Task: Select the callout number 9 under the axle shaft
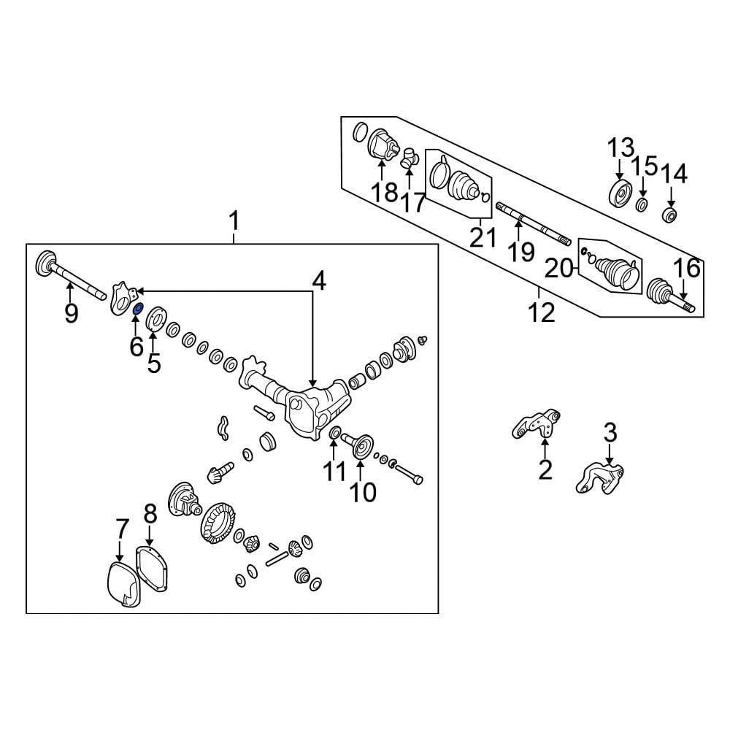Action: [x=70, y=313]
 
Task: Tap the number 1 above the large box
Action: [x=234, y=219]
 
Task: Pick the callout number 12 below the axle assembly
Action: [x=542, y=313]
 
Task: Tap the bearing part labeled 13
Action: [x=621, y=196]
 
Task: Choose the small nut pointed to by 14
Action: [x=669, y=215]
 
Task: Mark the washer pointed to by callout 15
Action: [x=642, y=204]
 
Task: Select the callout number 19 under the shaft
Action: [x=521, y=252]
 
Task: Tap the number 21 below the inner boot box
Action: [x=483, y=237]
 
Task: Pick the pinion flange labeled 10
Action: [x=362, y=445]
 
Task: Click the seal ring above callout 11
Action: [x=334, y=436]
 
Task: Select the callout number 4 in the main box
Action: [x=319, y=280]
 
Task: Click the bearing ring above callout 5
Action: [x=155, y=319]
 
